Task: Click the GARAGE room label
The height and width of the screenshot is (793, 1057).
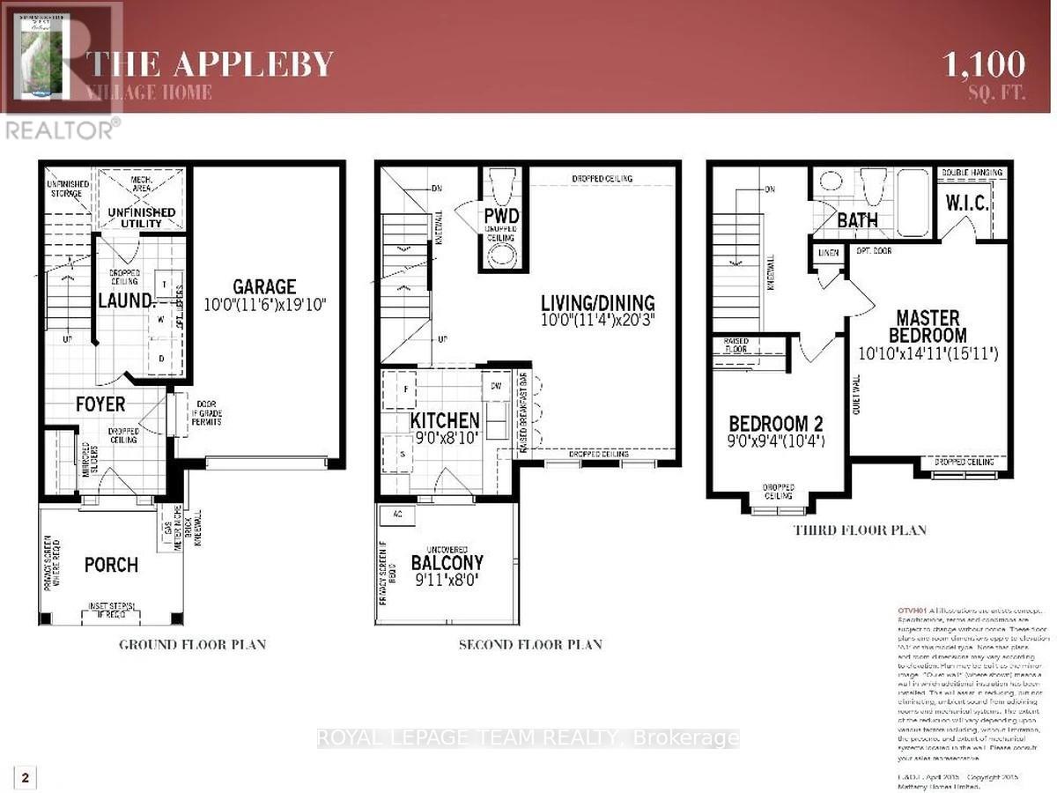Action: [x=264, y=287]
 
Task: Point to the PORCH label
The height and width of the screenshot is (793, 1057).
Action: [x=111, y=564]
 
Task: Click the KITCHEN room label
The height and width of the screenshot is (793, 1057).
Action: [x=445, y=420]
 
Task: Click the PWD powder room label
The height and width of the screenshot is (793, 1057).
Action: [x=501, y=217]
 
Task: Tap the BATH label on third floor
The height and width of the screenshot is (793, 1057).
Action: [x=857, y=220]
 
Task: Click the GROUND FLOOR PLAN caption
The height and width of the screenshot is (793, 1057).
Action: [x=192, y=644]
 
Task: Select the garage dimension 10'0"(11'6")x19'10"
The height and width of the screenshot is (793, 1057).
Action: [x=264, y=306]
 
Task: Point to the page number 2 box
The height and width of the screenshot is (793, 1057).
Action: [x=26, y=777]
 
